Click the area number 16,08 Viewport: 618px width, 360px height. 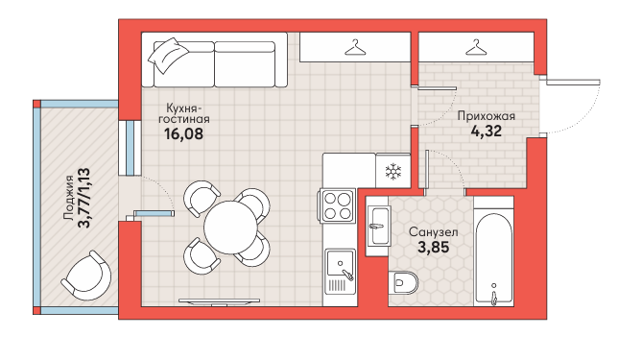(183, 133)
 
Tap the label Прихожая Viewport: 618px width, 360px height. (487, 116)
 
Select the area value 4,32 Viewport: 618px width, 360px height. (487, 131)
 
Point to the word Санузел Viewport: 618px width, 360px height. (433, 232)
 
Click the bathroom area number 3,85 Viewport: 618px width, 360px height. (433, 248)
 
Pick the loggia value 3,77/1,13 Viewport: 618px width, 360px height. (84, 199)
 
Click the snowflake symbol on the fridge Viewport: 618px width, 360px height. (392, 172)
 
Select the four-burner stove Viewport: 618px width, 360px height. (338, 206)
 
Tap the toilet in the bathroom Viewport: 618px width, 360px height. (403, 282)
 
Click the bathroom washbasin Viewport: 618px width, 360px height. (377, 226)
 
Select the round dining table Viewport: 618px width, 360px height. (230, 228)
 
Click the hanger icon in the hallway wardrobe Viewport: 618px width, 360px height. (476, 47)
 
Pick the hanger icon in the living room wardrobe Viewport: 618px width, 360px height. (355, 47)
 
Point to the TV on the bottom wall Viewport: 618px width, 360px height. (219, 302)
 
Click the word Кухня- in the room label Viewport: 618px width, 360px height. (184, 108)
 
